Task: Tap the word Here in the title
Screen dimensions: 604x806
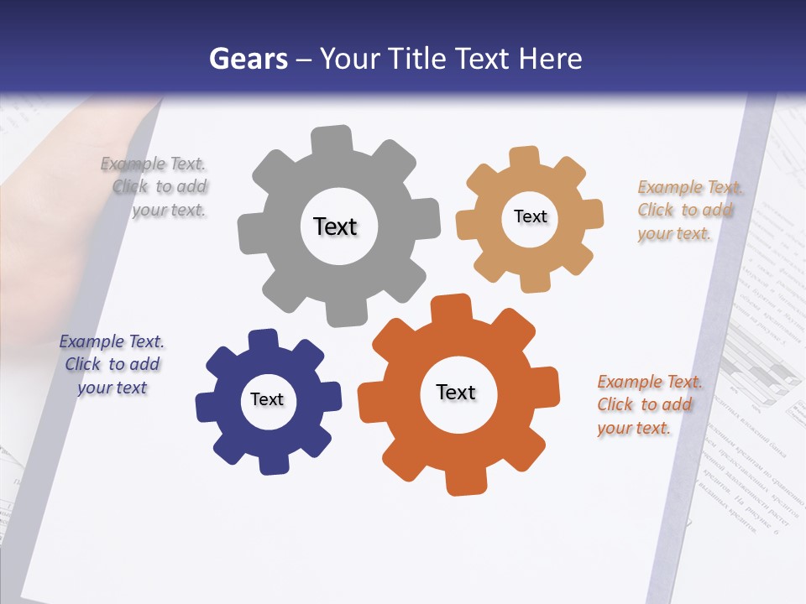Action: click(550, 59)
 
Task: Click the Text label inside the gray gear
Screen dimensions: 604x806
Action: click(335, 226)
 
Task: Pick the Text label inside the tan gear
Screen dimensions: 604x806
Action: click(530, 216)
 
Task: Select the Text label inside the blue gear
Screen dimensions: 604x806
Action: click(267, 400)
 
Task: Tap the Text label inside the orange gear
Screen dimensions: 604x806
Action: click(456, 393)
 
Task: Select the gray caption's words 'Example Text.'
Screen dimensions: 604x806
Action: click(153, 164)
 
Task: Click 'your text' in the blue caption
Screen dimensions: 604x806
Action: click(113, 388)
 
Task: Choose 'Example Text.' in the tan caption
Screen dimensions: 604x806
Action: click(690, 187)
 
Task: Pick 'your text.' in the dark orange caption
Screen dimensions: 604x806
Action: click(634, 428)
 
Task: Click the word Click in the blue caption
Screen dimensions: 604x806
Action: click(83, 364)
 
